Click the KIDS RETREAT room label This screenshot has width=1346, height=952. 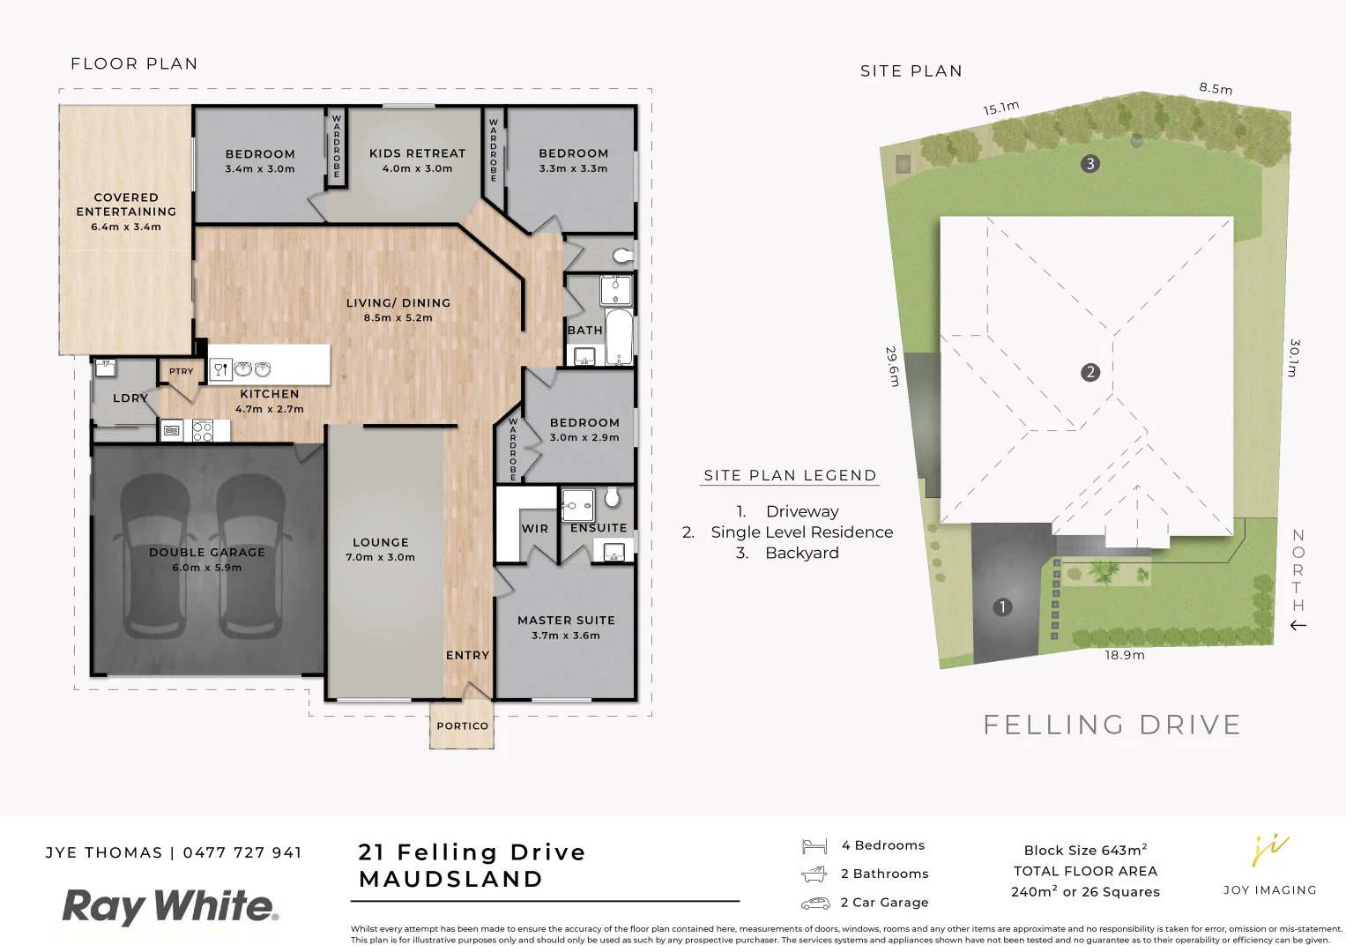pyautogui.click(x=417, y=153)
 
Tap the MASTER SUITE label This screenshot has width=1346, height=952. pyautogui.click(x=566, y=621)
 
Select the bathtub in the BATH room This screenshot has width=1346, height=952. pyautogui.click(x=619, y=337)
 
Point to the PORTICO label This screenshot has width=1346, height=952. pyautogui.click(x=462, y=726)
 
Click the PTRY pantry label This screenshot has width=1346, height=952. pyautogui.click(x=182, y=372)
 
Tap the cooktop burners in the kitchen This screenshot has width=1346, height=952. pyautogui.click(x=203, y=431)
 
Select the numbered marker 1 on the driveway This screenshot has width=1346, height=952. pyautogui.click(x=1001, y=606)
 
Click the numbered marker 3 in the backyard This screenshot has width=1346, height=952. pyautogui.click(x=1090, y=163)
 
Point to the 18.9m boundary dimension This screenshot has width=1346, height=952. pyautogui.click(x=1125, y=655)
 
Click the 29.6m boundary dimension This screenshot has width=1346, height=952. pyautogui.click(x=892, y=366)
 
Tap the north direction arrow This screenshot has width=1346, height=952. pyautogui.click(x=1298, y=626)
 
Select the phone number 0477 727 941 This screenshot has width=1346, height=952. pyautogui.click(x=242, y=852)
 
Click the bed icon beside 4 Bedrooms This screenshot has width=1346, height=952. pyautogui.click(x=814, y=846)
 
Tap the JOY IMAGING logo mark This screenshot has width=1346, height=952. pyautogui.click(x=1270, y=851)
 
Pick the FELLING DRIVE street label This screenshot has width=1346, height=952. pyautogui.click(x=1112, y=725)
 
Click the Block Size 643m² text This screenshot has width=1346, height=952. pyautogui.click(x=1085, y=851)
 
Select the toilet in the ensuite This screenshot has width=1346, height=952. pyautogui.click(x=613, y=499)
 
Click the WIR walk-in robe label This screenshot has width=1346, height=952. pyautogui.click(x=534, y=529)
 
